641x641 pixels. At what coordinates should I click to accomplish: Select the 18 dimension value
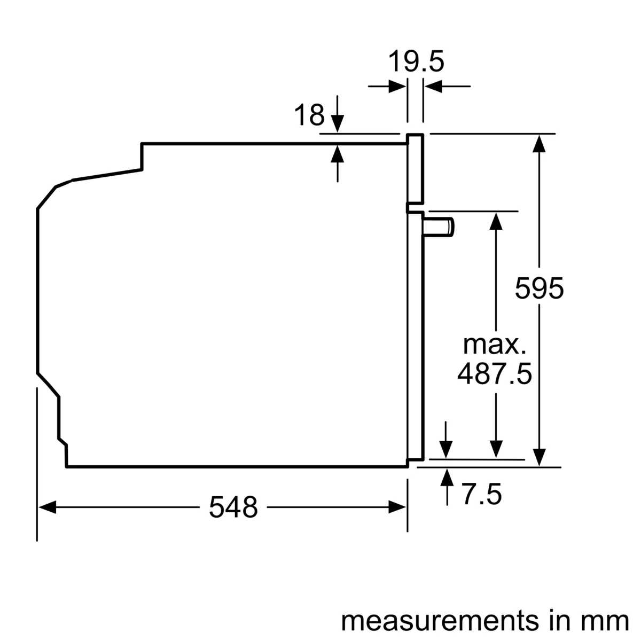(x=309, y=115)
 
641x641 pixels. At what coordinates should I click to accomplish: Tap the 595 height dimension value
(x=539, y=288)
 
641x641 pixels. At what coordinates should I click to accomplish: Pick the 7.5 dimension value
(x=481, y=494)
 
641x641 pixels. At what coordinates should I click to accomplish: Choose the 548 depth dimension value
(x=233, y=507)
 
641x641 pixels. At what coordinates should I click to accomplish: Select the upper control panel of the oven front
(x=415, y=168)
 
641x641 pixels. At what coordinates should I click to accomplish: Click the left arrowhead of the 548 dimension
(x=47, y=507)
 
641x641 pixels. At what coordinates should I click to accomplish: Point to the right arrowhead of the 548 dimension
(x=397, y=507)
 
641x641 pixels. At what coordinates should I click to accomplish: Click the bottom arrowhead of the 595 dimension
(x=540, y=457)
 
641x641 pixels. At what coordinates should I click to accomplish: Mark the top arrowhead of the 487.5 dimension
(x=496, y=221)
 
